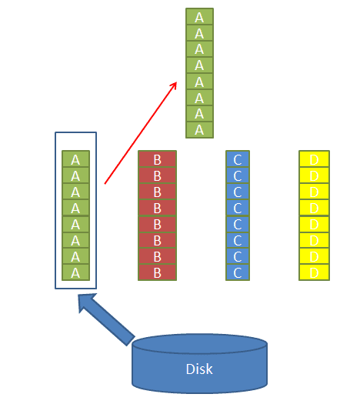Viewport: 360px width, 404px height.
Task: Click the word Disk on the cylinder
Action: pos(199,369)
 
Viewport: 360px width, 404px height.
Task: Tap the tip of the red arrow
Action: pos(177,82)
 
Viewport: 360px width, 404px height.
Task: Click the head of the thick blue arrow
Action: pos(88,302)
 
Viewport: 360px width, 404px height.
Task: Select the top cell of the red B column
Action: pos(158,159)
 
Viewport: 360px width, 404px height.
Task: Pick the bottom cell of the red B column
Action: pos(158,272)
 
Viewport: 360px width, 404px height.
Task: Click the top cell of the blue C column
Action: pos(238,159)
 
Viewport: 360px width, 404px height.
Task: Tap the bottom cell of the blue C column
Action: pos(238,272)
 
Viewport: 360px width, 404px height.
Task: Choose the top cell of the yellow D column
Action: pos(314,159)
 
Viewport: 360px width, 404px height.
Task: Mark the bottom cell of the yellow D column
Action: pos(314,272)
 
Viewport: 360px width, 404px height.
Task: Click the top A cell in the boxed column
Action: pos(75,159)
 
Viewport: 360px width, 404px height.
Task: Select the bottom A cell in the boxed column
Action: pos(75,272)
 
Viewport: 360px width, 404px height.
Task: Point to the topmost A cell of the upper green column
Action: pos(199,16)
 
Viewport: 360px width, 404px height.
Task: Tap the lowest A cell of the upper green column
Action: pos(199,130)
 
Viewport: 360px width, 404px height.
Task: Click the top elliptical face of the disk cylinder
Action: pos(199,344)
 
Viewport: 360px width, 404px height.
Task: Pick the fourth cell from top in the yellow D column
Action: pos(314,208)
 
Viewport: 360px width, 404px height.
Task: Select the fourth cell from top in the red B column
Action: pos(158,208)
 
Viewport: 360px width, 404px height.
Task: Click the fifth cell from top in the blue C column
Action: pos(238,224)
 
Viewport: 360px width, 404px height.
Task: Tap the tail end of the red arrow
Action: pos(105,184)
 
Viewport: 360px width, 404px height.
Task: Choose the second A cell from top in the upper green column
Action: pos(199,33)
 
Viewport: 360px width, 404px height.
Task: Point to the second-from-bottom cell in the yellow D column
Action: pos(314,256)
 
